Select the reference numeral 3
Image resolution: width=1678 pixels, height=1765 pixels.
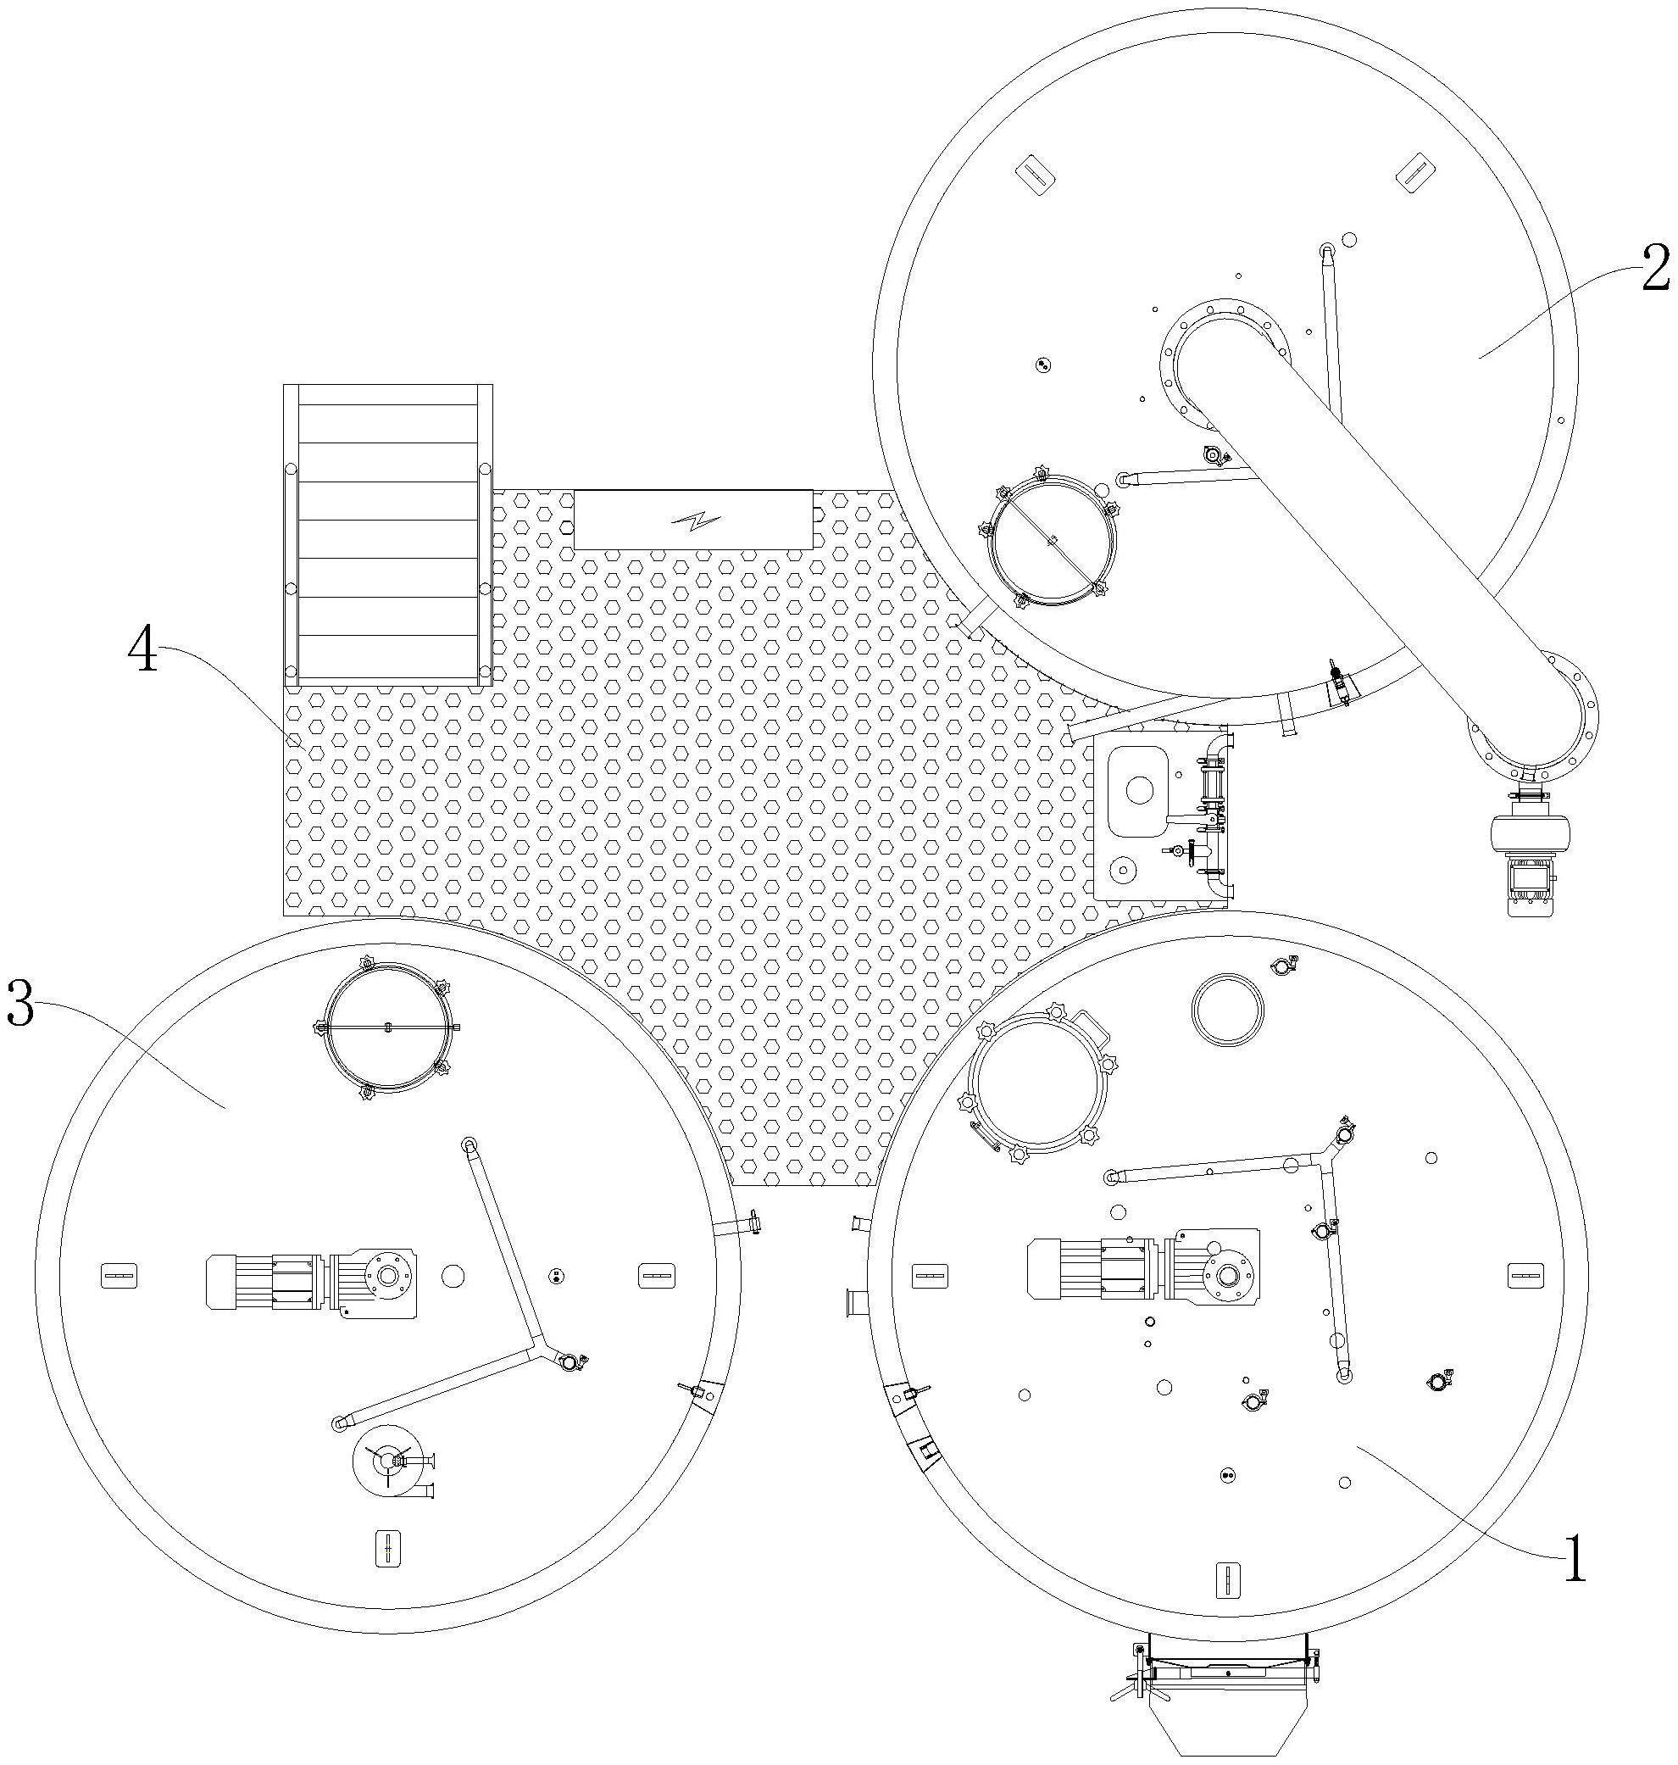(19, 1003)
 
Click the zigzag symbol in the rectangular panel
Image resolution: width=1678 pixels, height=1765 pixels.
(693, 519)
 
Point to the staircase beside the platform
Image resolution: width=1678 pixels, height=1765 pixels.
(387, 536)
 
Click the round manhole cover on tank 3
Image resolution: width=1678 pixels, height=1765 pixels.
(386, 1027)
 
